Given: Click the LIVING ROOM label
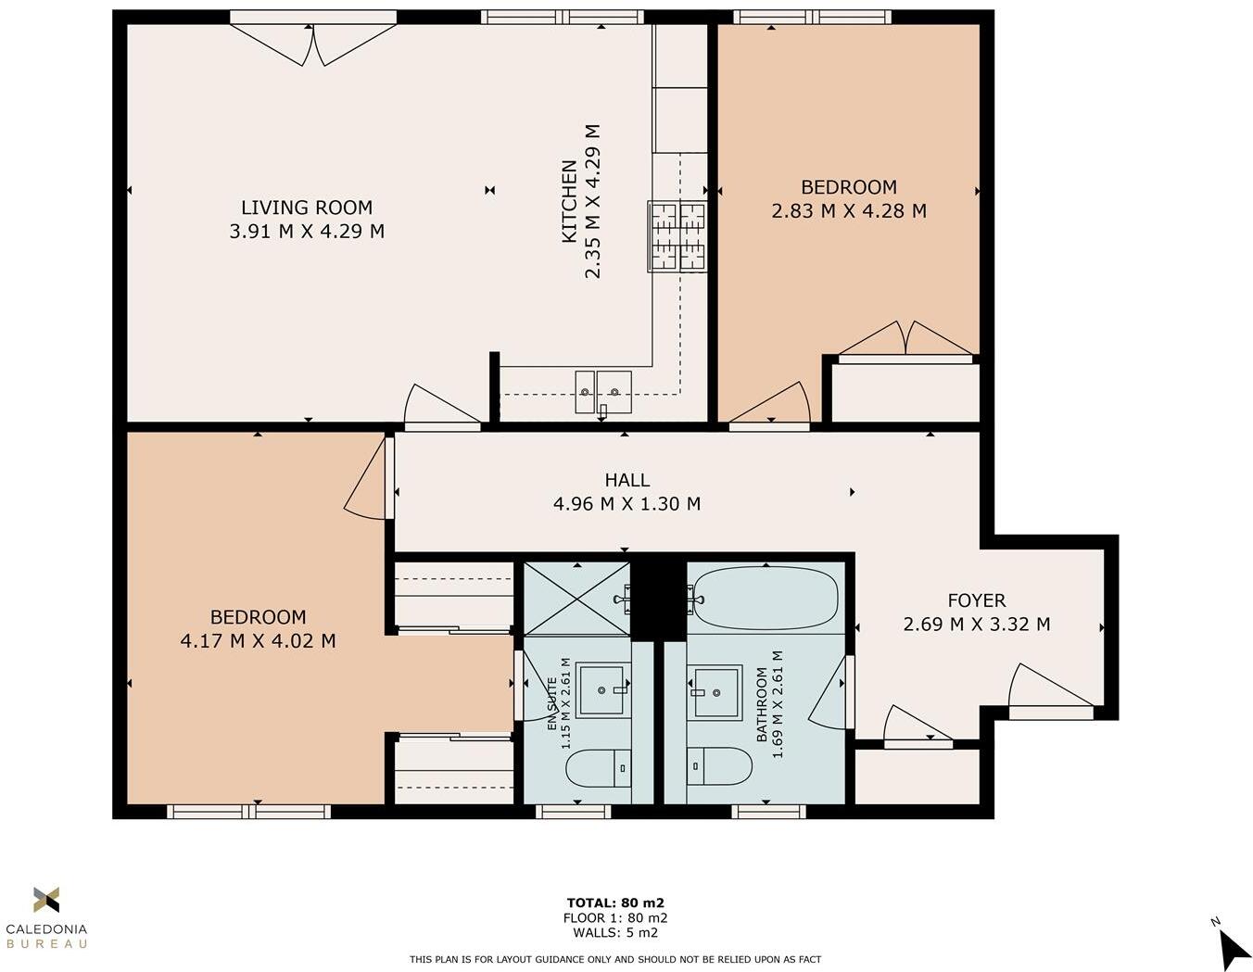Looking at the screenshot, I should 307,208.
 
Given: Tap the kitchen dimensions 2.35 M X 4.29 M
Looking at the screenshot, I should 593,201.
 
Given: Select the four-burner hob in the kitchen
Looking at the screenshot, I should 677,236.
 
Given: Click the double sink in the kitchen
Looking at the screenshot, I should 602,392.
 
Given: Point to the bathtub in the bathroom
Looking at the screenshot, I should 766,599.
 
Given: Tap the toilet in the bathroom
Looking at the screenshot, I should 719,766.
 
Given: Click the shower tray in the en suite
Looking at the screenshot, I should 576,598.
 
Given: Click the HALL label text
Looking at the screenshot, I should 627,480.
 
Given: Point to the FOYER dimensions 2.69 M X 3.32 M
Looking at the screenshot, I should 977,625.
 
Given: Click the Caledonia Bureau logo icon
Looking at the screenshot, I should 46,899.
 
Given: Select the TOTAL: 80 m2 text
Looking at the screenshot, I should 615,903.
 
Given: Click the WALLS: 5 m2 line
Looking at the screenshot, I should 615,933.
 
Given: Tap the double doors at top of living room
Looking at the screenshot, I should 313,44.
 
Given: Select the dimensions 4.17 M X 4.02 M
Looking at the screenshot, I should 258,641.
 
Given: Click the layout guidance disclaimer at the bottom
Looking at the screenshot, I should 615,959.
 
